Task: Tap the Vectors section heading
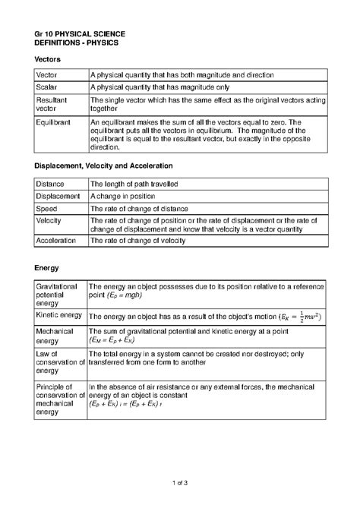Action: pos(48,59)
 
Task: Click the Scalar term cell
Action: pos(48,87)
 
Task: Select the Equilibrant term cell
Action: pos(53,121)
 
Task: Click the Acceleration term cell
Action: pos(56,240)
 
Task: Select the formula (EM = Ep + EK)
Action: pos(125,341)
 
